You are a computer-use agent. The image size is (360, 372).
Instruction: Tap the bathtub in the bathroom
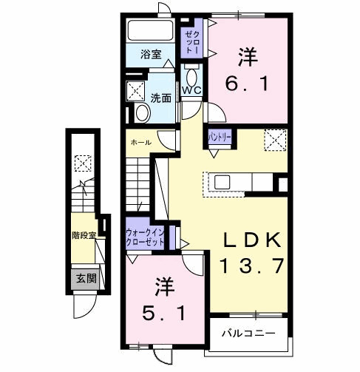click(151, 31)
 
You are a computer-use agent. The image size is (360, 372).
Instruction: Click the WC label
click(191, 91)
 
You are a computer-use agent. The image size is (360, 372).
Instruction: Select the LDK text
click(252, 240)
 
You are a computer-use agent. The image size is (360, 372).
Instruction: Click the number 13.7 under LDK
click(251, 266)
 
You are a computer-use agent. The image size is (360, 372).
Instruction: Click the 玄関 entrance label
click(86, 278)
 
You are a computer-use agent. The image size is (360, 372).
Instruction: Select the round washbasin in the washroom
click(142, 112)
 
